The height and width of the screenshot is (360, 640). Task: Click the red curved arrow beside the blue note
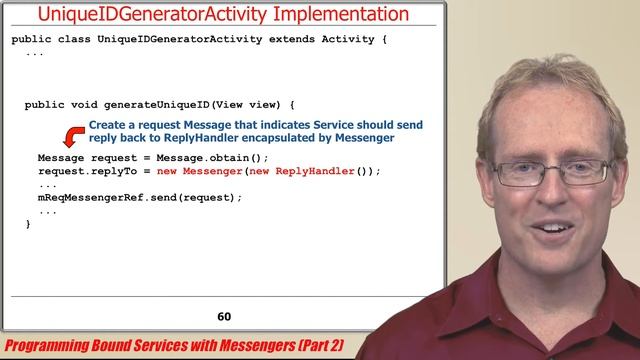[x=73, y=136]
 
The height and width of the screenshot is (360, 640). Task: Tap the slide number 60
[x=224, y=317]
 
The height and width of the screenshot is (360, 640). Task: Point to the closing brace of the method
[x=28, y=224]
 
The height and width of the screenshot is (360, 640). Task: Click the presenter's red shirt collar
[x=500, y=300]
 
